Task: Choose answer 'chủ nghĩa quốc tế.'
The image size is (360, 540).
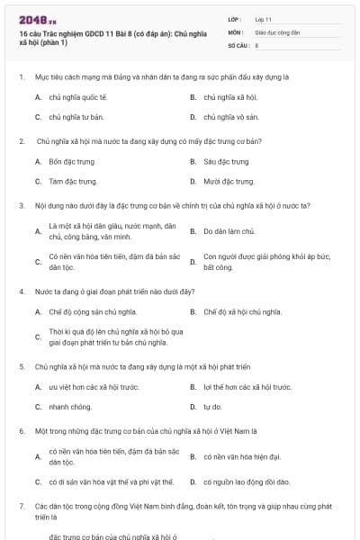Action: (x=78, y=96)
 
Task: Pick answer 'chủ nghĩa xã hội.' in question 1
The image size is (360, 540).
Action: (x=231, y=96)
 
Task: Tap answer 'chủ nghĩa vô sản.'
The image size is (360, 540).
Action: (x=231, y=117)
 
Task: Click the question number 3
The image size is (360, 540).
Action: (x=21, y=205)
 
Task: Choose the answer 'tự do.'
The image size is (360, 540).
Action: (x=212, y=407)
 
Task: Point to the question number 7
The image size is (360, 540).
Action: (x=21, y=508)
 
